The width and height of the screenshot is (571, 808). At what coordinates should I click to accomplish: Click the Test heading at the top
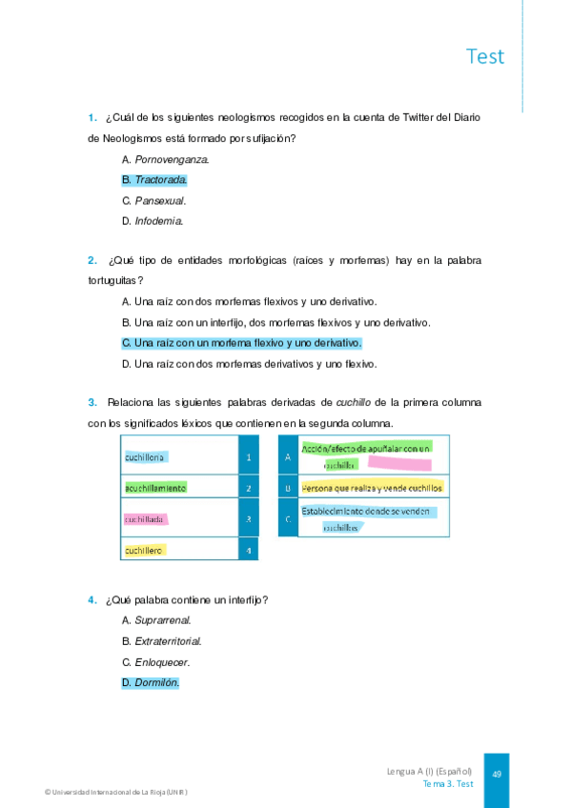click(485, 56)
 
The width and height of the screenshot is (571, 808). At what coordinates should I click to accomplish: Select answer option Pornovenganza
click(166, 159)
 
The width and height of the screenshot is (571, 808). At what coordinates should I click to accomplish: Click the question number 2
click(92, 260)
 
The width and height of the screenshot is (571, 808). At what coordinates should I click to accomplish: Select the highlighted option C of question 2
click(242, 342)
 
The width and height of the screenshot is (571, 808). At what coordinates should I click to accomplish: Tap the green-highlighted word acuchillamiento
click(154, 488)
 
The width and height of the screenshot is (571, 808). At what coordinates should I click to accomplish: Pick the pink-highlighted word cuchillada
click(146, 519)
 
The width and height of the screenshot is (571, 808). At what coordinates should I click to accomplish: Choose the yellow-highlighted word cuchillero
click(145, 550)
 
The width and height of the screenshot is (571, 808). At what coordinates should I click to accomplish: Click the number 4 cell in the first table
click(248, 551)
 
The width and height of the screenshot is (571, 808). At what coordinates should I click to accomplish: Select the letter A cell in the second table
click(287, 457)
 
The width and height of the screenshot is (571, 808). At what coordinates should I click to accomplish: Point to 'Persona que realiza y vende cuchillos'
click(372, 488)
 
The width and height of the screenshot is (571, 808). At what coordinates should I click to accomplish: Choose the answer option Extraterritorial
click(168, 641)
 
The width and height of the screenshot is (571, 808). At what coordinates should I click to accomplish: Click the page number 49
click(497, 774)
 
